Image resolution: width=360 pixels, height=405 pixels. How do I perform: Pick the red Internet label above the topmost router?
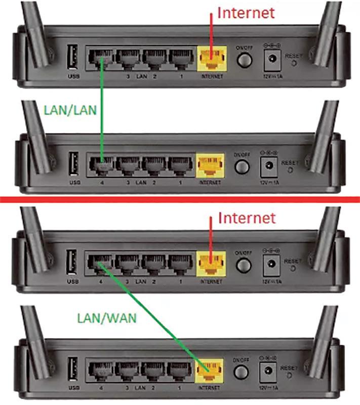point(246,12)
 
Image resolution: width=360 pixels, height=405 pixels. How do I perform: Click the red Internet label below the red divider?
point(247,218)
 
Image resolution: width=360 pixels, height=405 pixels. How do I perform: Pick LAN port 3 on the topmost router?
point(129,58)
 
